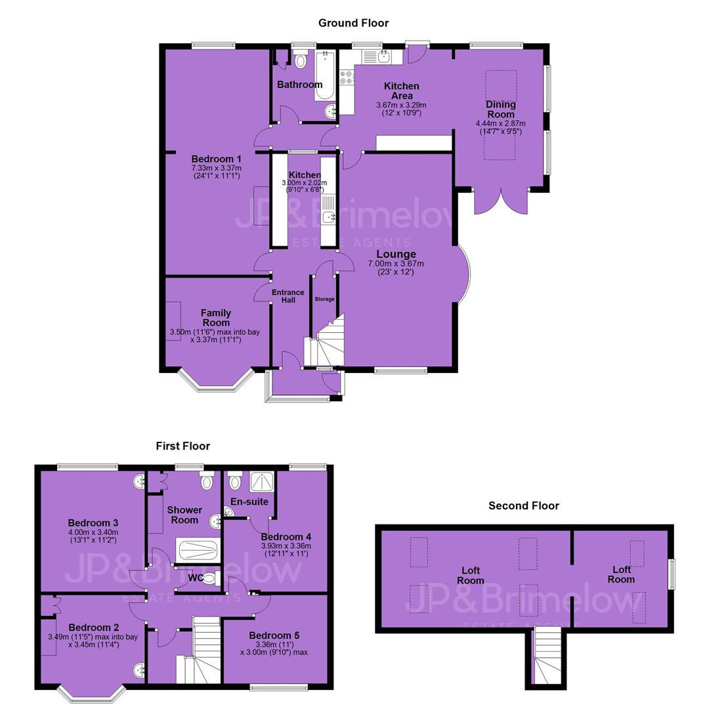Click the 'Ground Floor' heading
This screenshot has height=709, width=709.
(x=353, y=23)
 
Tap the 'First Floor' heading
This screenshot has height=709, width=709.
(x=183, y=446)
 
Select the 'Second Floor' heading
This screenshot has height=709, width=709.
(x=524, y=505)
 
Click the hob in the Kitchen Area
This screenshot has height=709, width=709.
(x=347, y=77)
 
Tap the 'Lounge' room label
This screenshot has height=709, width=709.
(x=396, y=254)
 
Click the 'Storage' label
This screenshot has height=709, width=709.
(x=325, y=299)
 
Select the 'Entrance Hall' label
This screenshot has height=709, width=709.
(x=288, y=296)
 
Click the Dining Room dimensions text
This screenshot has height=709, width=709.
(x=500, y=127)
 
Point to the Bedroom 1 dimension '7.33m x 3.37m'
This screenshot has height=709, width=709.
(x=216, y=168)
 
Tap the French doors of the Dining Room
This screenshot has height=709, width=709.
(x=501, y=202)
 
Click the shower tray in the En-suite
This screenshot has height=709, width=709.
(x=263, y=481)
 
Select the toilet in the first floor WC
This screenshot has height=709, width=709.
(x=211, y=579)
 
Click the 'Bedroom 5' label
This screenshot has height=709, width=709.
(x=274, y=635)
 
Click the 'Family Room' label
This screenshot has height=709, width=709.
(x=216, y=318)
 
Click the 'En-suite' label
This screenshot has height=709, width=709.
(x=249, y=502)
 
